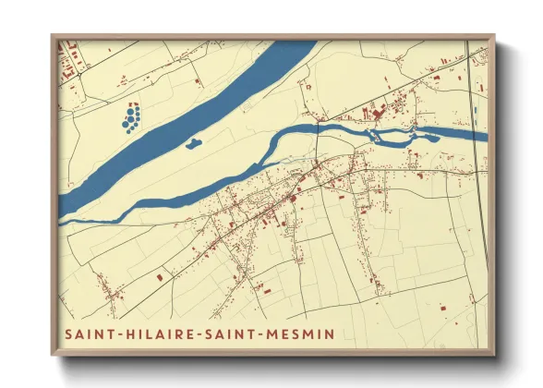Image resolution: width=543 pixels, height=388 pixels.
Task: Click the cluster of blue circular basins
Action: pyautogui.click(x=131, y=116)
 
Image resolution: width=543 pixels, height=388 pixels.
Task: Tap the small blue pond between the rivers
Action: pyautogui.click(x=193, y=143)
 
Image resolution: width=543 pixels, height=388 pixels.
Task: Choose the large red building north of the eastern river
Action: pyautogui.click(x=378, y=114)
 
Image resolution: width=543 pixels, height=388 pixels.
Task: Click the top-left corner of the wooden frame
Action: pyautogui.click(x=51, y=36)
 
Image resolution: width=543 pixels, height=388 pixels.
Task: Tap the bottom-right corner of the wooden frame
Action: pyautogui.click(x=494, y=355)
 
